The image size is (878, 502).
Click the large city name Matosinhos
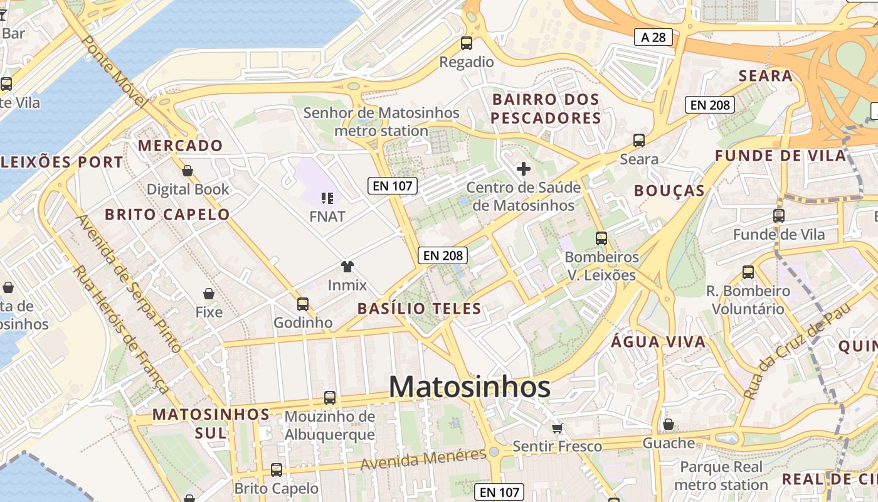pos(470,387)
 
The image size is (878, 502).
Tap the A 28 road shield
pos(653,38)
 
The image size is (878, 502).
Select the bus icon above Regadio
pos(466,43)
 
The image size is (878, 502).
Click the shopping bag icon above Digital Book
pos(187,171)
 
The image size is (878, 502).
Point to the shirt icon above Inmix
pos(347,267)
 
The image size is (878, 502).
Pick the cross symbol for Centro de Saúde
pos(523,168)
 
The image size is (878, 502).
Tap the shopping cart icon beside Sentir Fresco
pos(557,428)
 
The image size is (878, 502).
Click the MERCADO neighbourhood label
pos(181,146)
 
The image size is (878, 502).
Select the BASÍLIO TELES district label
pos(419,308)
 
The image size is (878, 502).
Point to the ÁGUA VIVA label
pos(658,342)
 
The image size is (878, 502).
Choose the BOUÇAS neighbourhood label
pos(669,191)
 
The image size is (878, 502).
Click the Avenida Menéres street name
pos(423,461)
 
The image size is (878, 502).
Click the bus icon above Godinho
pos(303,304)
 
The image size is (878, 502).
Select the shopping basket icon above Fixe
pos(209,294)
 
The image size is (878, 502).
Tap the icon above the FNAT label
pos(327,198)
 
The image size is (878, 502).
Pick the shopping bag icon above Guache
pos(669,425)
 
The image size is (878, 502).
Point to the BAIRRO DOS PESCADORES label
pos(546,109)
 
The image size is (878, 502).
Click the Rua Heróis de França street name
pos(122,329)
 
